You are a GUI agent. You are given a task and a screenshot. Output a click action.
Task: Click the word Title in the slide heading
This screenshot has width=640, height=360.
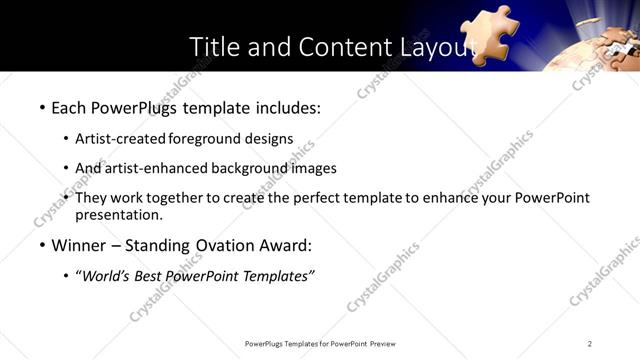(213, 47)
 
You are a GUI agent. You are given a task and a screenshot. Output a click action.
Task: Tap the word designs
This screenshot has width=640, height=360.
(271, 138)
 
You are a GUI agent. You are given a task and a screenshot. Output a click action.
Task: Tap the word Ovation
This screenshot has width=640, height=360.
(214, 245)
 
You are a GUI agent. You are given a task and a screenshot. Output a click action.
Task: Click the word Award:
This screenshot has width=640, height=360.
(283, 245)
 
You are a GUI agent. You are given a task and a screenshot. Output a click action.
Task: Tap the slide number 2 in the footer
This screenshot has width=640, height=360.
(590, 344)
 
